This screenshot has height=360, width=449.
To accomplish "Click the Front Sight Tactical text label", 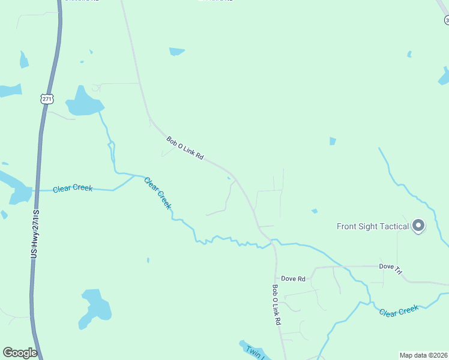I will (x=373, y=226).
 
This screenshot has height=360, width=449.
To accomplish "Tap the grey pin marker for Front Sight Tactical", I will (x=418, y=226).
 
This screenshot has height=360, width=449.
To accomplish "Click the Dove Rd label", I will (x=294, y=278).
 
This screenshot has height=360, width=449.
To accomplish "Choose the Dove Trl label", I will (x=390, y=269).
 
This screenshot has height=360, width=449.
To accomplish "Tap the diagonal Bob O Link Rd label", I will (x=185, y=149).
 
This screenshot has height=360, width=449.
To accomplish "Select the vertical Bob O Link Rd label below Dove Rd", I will (x=276, y=305).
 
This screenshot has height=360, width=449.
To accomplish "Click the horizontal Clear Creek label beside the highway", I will (x=73, y=188).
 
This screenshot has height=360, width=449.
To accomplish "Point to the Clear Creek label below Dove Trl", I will (x=399, y=310).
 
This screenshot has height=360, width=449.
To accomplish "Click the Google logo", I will (x=20, y=353).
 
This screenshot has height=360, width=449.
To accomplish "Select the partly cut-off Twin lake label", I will (x=253, y=352).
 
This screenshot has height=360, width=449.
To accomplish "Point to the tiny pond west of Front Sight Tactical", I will (x=314, y=211).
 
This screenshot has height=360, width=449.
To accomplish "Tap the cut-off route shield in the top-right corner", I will (x=446, y=20).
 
